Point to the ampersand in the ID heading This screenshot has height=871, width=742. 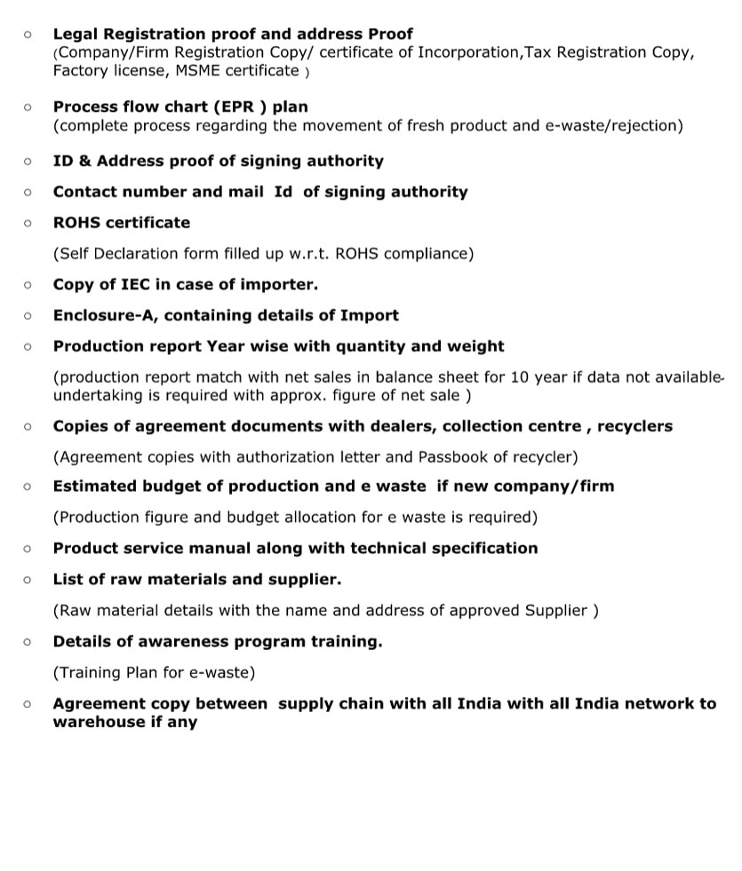[84, 161]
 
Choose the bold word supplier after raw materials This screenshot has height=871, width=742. [298, 579]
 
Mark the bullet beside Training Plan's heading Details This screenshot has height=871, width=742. [28, 641]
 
